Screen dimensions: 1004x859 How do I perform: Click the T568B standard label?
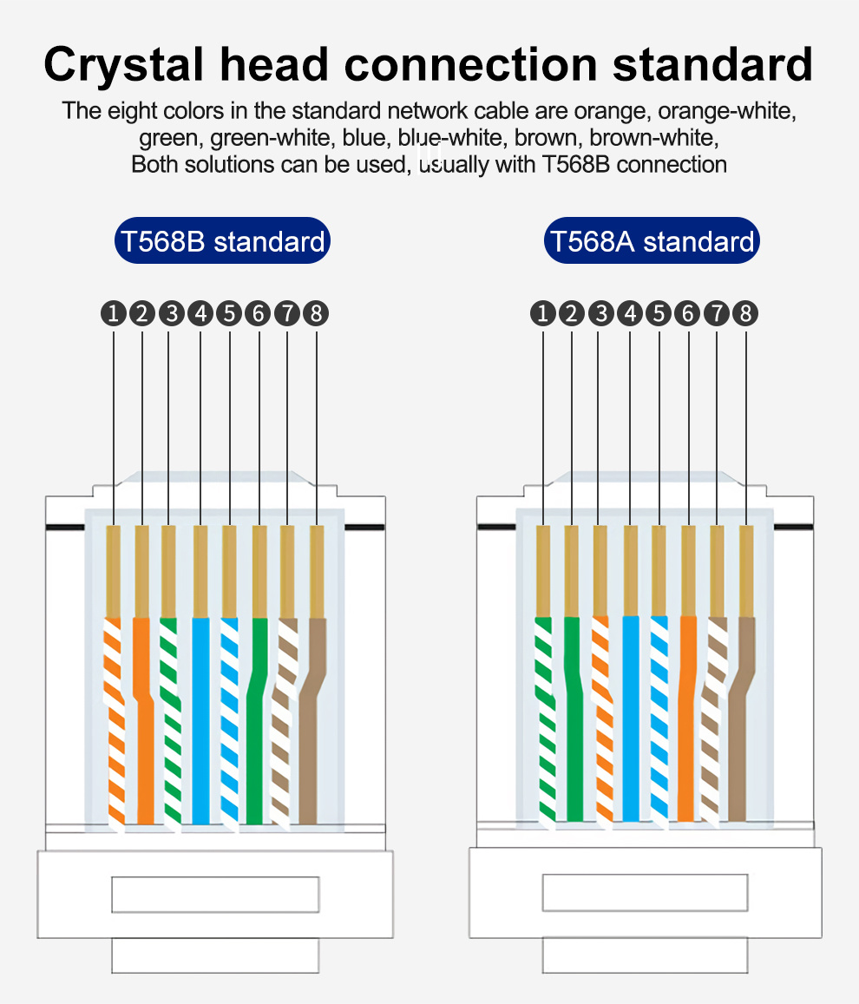click(222, 241)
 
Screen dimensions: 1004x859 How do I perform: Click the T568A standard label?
click(652, 241)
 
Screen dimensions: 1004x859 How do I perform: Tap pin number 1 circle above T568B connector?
click(114, 313)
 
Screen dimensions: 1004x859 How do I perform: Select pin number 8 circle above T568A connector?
click(745, 313)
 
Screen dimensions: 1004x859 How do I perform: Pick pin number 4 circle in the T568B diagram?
click(200, 313)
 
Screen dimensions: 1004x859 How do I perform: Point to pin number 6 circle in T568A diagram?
click(688, 313)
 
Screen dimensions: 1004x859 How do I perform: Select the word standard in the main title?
click(713, 64)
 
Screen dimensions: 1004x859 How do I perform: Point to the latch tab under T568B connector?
click(215, 955)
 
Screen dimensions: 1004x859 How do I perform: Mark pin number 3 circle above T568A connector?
click(600, 313)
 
